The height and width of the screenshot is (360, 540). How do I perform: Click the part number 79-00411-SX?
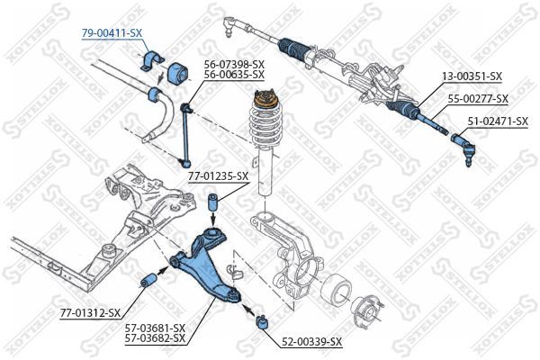(x=112, y=32)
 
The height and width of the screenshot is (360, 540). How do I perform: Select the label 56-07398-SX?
(x=234, y=65)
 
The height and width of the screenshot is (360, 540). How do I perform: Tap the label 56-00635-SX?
(x=234, y=76)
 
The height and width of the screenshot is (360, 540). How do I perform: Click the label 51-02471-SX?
(x=498, y=120)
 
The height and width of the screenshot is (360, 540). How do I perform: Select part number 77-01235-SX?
(x=218, y=176)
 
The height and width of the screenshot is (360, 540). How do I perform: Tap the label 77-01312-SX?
(x=90, y=312)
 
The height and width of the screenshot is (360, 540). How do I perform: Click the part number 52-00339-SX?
(x=312, y=342)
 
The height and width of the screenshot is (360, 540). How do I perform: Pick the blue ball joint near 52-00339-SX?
(x=264, y=319)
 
